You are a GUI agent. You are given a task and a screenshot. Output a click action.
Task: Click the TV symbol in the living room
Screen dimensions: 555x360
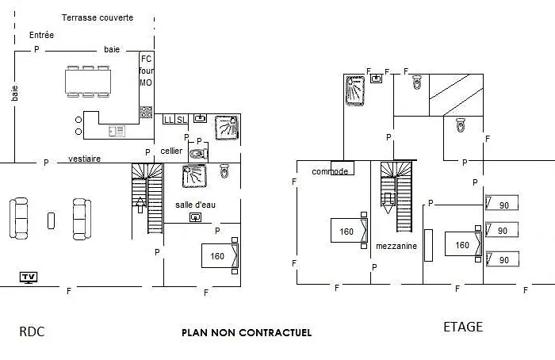point(29,278)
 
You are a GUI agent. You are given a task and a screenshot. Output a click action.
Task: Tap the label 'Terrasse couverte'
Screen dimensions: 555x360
point(98,17)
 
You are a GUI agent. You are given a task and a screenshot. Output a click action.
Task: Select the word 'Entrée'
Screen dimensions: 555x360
point(42,35)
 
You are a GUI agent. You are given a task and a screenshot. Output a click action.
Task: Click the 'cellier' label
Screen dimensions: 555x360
point(171,151)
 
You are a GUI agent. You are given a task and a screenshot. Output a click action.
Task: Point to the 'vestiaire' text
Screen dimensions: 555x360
point(84,159)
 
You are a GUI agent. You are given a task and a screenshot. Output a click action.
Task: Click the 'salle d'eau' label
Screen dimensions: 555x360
point(195,205)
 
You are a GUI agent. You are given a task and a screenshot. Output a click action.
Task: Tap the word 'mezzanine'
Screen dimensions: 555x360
point(396,246)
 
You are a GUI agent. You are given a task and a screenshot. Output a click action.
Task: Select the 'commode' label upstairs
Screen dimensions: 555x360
point(330,172)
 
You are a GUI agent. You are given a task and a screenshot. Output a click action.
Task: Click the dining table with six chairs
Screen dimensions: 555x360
point(88,82)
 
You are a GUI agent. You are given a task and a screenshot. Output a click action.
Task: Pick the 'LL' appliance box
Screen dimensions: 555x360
point(169,120)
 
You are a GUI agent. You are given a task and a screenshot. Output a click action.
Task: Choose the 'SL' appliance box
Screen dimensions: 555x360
point(182,120)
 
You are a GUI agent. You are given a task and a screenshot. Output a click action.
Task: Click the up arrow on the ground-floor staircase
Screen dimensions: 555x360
point(140,205)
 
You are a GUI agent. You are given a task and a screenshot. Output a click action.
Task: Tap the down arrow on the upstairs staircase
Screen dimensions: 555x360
point(388,203)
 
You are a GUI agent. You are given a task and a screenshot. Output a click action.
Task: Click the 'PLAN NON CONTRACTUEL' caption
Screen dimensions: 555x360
point(247,333)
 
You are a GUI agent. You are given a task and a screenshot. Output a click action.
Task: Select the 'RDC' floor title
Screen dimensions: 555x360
point(32,331)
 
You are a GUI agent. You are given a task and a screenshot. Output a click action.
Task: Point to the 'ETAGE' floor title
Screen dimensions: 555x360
point(463,327)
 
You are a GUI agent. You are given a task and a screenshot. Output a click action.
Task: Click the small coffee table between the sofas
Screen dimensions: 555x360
point(52,220)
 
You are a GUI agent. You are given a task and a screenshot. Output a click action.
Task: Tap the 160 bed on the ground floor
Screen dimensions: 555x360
point(220,255)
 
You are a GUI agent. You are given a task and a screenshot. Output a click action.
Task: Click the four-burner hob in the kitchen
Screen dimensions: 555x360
point(147,112)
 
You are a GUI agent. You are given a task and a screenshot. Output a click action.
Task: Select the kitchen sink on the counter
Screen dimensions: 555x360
point(117,132)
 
